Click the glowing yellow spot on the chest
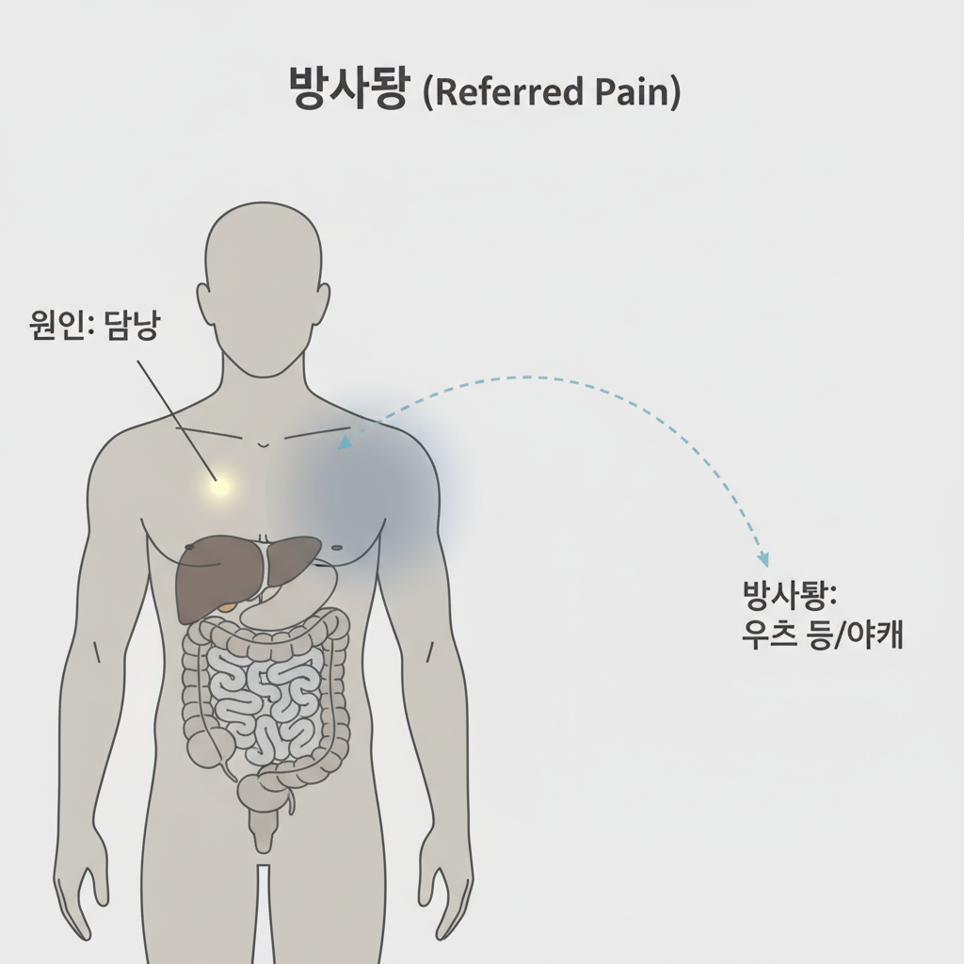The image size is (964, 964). tap(219, 486)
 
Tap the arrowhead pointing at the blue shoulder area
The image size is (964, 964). tap(345, 442)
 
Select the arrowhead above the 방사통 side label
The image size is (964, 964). tap(763, 558)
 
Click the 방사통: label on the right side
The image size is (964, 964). tap(790, 595)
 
